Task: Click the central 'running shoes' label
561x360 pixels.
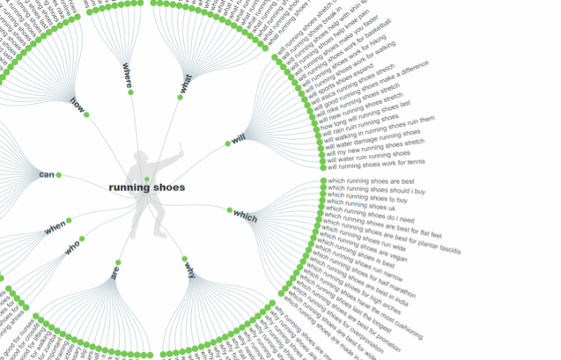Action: coord(147,187)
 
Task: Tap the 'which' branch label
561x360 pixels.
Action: coord(245,216)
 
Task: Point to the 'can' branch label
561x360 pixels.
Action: coord(47,174)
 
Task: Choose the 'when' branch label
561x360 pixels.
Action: coord(55,228)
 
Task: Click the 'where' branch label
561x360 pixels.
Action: coord(129,76)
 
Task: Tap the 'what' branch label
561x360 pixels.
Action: coord(185,84)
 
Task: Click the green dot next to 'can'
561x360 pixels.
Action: coord(59,174)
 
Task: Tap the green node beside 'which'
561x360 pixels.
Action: coord(229,209)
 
